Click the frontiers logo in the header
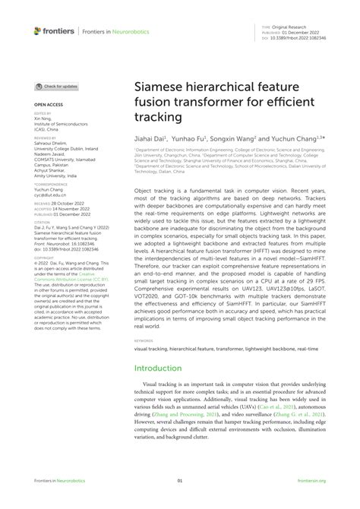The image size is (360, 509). pos(54,31)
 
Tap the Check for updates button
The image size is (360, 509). pos(56,87)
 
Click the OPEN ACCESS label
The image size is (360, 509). pos(47,103)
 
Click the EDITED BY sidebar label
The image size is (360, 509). pos(42,113)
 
